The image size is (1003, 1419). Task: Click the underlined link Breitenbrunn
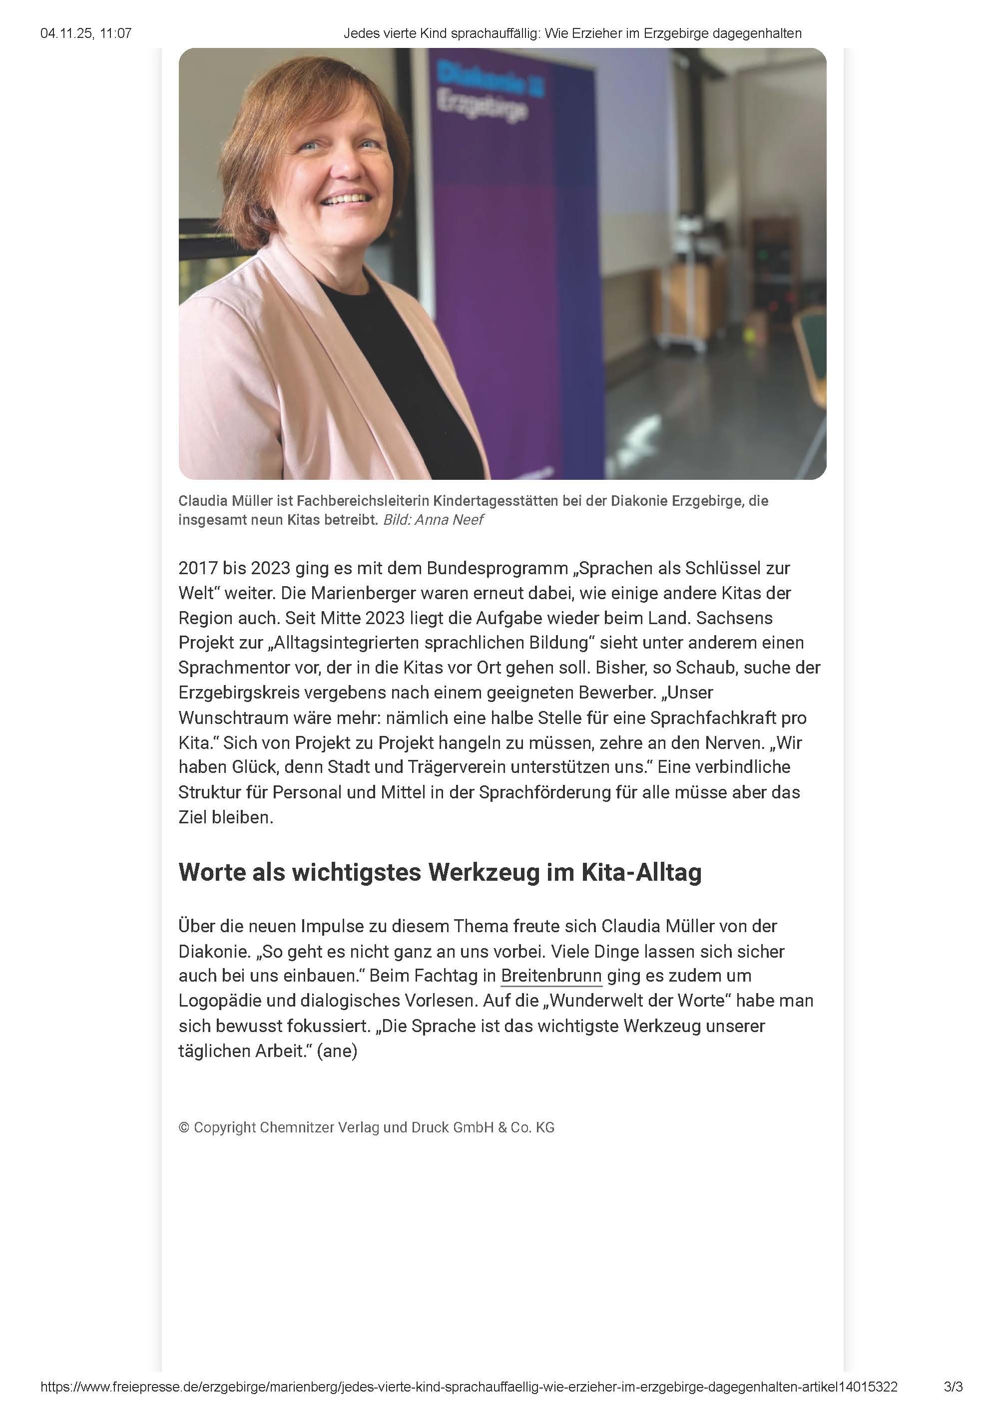551,976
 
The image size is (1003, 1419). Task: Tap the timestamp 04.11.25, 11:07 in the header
86,33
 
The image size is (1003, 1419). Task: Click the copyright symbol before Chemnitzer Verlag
184,1127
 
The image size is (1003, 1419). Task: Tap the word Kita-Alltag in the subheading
641,872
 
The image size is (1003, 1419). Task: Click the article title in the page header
572,33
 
